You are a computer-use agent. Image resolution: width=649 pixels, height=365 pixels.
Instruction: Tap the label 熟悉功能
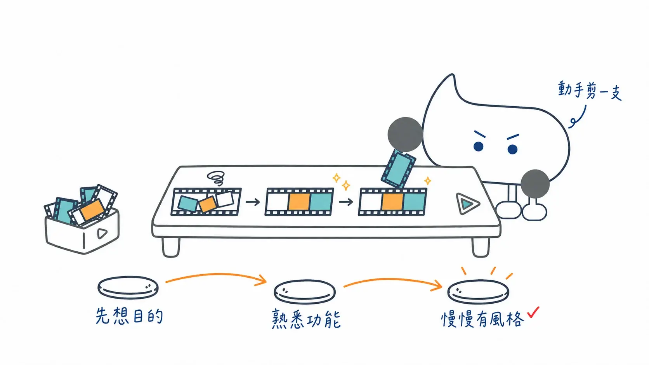click(x=306, y=319)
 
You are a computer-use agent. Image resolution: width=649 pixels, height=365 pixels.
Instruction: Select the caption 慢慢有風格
click(x=482, y=319)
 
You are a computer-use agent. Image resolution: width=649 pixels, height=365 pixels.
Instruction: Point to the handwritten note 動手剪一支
click(x=590, y=91)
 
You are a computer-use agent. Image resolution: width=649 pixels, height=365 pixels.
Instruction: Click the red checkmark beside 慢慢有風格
click(x=533, y=312)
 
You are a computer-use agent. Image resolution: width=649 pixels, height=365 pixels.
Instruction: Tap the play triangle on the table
click(x=467, y=204)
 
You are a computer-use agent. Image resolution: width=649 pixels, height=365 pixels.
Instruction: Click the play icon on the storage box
click(x=102, y=233)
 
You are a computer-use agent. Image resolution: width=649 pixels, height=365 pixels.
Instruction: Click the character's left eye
click(x=478, y=146)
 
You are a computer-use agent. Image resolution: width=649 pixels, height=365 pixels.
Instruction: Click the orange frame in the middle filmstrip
click(x=299, y=201)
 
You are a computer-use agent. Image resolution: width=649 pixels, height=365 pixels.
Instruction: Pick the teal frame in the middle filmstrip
click(x=321, y=201)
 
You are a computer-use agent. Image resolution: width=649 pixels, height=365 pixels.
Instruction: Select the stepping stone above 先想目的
click(x=128, y=287)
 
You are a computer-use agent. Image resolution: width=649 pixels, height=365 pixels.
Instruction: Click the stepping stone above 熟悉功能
click(x=304, y=291)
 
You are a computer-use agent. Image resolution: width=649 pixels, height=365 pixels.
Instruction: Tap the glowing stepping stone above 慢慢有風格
click(x=478, y=292)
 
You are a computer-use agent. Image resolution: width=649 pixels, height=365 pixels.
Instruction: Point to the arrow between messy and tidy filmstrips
click(x=253, y=202)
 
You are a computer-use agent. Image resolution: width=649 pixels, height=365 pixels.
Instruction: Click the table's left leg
click(x=171, y=247)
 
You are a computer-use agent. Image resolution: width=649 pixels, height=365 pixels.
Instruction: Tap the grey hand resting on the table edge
click(x=535, y=183)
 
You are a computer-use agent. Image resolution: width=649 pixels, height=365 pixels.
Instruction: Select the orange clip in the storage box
click(x=92, y=209)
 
